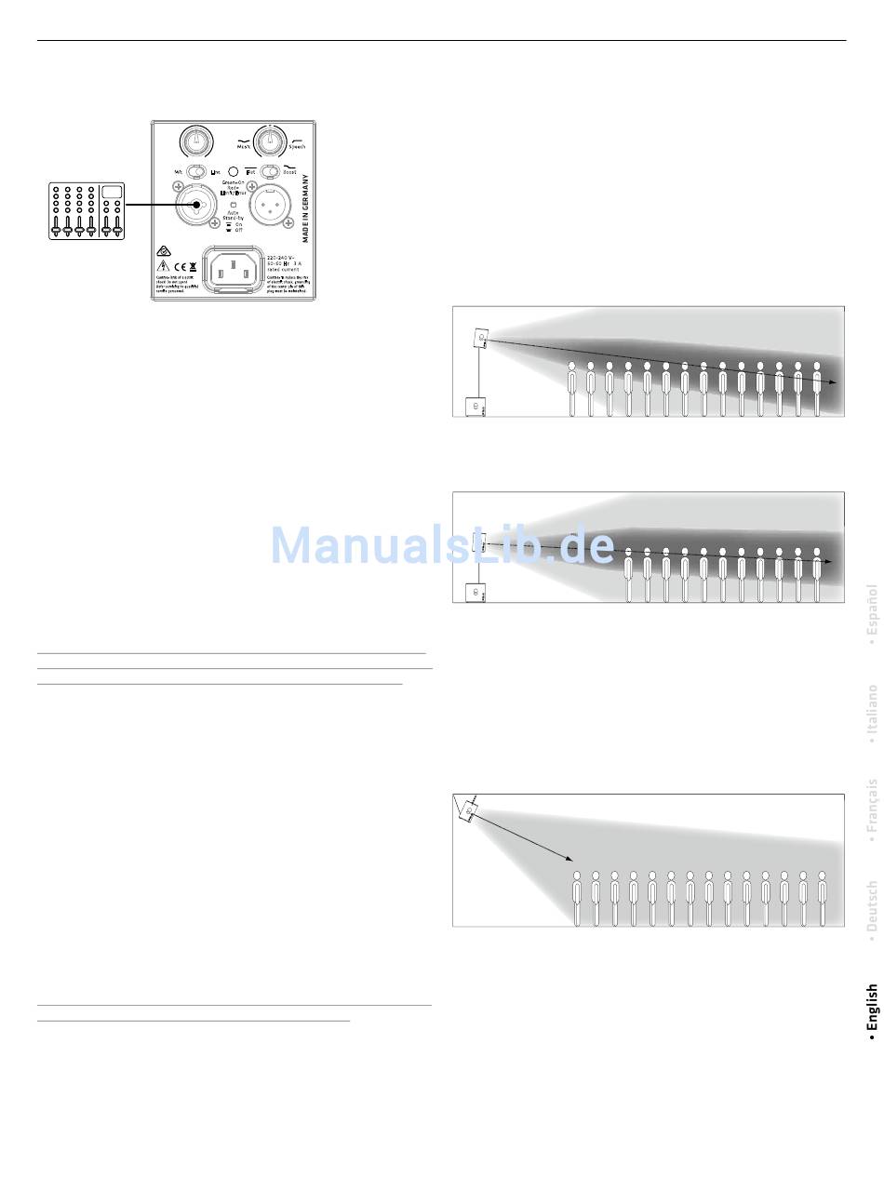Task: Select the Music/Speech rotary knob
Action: [269, 141]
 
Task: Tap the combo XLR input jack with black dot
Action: [196, 205]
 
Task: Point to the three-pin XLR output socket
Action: [270, 204]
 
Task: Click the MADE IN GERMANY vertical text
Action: [305, 207]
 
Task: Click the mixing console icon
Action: [87, 211]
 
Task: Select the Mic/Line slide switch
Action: [195, 171]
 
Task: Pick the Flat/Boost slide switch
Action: [270, 171]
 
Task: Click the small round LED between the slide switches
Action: [233, 171]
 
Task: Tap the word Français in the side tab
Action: [872, 805]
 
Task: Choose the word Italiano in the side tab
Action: [872, 710]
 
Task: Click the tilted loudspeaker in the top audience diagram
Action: [482, 339]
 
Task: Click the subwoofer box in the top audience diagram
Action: [475, 407]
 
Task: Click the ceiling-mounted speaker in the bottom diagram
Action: [469, 812]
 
